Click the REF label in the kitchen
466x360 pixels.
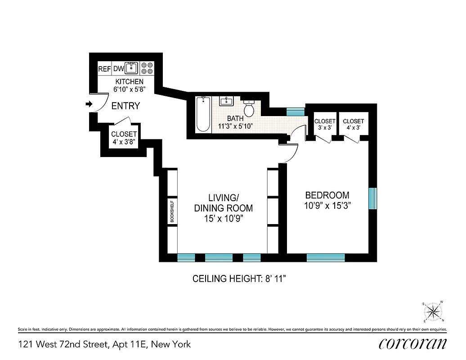click(x=104, y=69)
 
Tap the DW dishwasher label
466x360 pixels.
click(x=118, y=69)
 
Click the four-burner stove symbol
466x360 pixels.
click(x=147, y=68)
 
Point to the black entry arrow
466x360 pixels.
click(x=89, y=104)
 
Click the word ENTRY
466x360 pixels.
click(x=125, y=106)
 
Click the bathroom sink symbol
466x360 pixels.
click(x=226, y=101)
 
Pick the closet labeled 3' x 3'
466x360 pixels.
click(x=325, y=125)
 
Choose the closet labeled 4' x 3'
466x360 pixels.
click(x=353, y=125)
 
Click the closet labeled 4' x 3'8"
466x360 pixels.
click(x=124, y=138)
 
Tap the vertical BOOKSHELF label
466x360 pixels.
click(x=172, y=211)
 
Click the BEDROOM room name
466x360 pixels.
click(x=327, y=195)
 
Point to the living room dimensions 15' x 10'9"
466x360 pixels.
click(x=223, y=219)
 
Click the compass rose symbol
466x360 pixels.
click(x=434, y=311)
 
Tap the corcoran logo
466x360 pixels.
click(x=413, y=344)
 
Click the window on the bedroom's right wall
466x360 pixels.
click(x=372, y=198)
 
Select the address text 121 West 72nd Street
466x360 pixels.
click(x=63, y=344)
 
